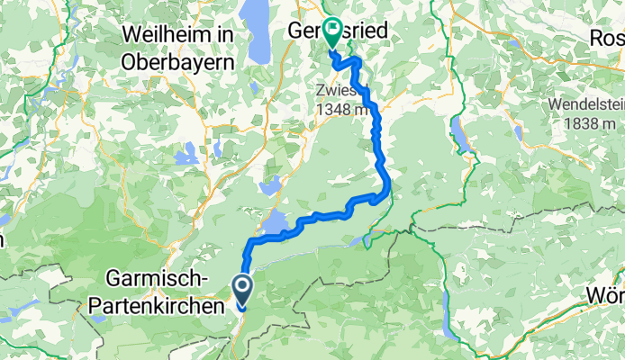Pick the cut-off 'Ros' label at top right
(609, 38)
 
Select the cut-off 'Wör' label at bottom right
(607, 295)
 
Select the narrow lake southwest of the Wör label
(563, 319)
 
